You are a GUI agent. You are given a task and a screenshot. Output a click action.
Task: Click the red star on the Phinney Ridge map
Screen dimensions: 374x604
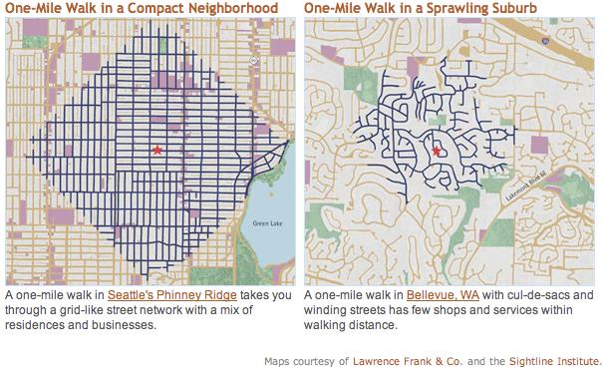(156, 150)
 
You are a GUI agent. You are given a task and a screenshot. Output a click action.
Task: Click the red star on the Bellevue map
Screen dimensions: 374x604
(436, 151)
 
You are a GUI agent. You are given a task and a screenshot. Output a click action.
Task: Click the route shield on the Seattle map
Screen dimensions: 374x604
(254, 61)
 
